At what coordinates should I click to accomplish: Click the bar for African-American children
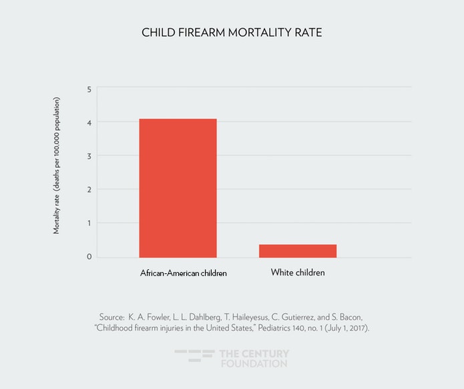tap(178, 188)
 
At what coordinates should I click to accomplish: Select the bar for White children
tap(298, 251)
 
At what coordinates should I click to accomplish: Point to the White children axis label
tap(298, 273)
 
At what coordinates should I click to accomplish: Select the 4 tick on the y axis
tap(89, 122)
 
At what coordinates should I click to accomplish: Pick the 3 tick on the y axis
tap(89, 156)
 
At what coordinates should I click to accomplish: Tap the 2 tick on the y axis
tap(89, 190)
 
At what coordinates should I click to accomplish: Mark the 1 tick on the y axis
tap(89, 223)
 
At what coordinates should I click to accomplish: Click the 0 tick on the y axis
tap(89, 257)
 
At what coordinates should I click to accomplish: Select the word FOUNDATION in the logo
tap(254, 364)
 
